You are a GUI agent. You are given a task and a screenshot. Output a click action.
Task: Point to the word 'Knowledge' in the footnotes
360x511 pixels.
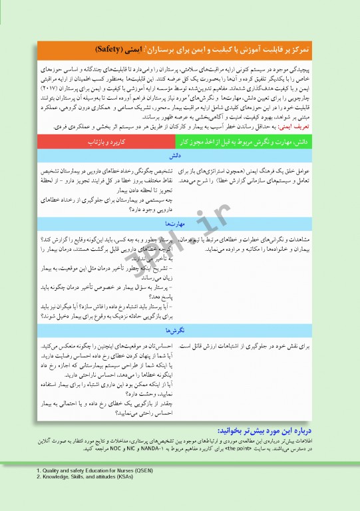coord(58,495)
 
